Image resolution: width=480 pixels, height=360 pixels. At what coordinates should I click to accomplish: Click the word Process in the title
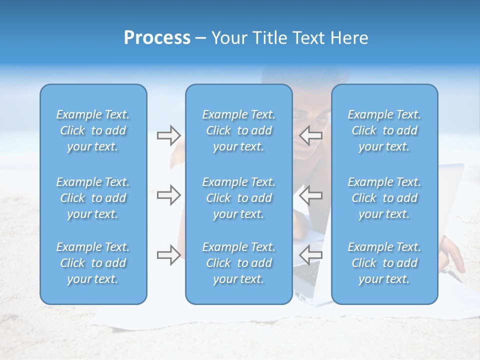157,38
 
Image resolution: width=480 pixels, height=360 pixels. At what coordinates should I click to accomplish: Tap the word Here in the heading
349,38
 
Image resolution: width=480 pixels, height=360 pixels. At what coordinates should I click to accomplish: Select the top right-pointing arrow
168,135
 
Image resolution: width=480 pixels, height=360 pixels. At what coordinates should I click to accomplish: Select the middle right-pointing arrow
168,195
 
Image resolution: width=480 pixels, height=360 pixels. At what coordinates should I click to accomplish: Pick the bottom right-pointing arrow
168,255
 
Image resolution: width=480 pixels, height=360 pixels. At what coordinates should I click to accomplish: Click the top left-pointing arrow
310,135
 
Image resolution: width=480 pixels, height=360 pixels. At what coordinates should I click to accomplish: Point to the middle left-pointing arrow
310,195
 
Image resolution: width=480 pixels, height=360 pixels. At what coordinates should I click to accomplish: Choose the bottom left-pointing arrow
310,255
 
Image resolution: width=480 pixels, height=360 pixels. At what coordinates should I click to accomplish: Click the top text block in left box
93,130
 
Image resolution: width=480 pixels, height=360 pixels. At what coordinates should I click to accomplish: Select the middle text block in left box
93,198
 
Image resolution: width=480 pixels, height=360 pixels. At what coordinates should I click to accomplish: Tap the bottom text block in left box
93,263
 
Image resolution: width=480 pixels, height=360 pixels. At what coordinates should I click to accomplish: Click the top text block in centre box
238,130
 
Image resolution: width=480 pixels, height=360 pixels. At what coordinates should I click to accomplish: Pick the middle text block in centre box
238,198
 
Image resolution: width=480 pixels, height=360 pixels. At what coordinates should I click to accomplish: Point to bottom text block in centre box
238,263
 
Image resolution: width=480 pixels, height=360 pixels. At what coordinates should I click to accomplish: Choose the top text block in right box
384,130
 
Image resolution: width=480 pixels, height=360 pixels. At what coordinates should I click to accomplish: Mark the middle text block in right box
384,198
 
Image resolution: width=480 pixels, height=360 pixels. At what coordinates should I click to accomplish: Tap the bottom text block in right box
384,263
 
